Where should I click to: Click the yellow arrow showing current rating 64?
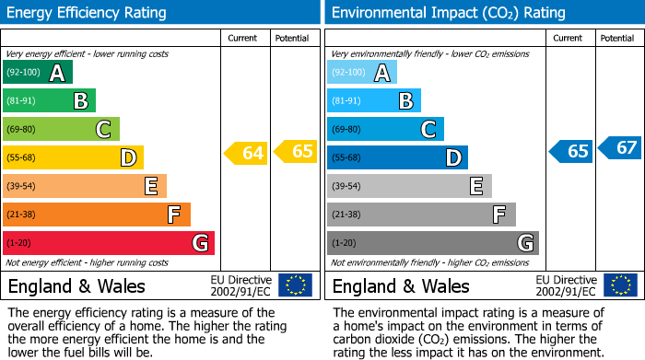coord(246,153)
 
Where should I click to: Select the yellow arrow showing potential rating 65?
coord(295,151)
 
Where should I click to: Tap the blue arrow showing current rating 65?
coord(570,151)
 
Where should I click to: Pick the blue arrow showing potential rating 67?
coord(619,147)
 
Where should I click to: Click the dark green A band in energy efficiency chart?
coord(37,73)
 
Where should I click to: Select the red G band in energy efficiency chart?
coord(108,243)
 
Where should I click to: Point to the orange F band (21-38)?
coord(96,215)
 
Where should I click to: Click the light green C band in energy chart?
coord(61,130)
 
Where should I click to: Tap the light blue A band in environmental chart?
coord(361,73)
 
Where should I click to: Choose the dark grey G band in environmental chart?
coord(432,243)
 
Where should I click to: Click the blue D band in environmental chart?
coord(397,158)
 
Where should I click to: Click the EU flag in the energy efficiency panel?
coord(295,285)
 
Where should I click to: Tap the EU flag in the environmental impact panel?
coord(619,285)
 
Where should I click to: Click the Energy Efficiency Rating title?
coord(88,13)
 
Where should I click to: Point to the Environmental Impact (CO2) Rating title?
coord(448,13)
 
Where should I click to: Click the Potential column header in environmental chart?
coord(617,38)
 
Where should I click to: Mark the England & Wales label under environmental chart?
coord(401,285)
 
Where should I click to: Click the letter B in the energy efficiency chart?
coord(81,101)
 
